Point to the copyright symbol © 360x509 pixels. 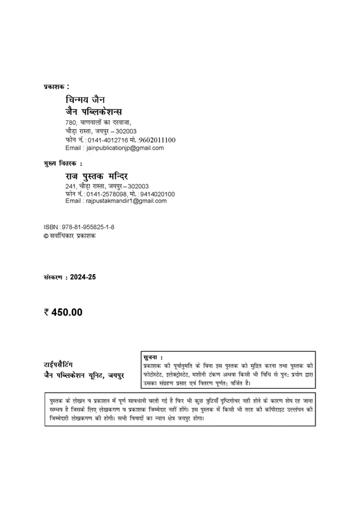pyautogui.click(x=46, y=235)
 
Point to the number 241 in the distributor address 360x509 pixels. pyautogui.click(x=71, y=186)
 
